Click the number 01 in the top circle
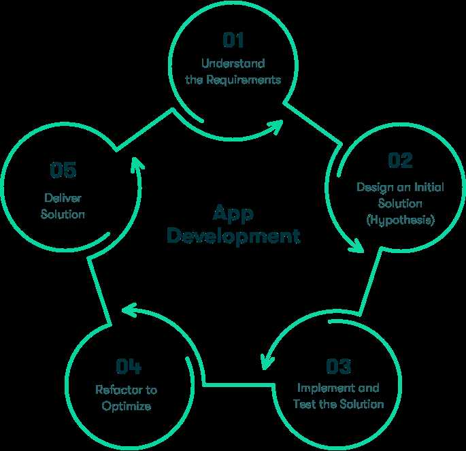[x=233, y=40]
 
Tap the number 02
[x=400, y=161]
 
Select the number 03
[x=339, y=366]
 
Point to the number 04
[x=129, y=366]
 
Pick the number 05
[x=63, y=170]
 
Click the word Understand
[x=233, y=63]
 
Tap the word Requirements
[x=244, y=80]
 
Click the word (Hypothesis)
[x=400, y=220]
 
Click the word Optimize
[x=127, y=406]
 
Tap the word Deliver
[x=63, y=198]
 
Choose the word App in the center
[x=233, y=214]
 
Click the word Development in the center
[x=233, y=236]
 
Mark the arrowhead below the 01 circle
[x=276, y=127]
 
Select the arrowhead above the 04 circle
[x=129, y=310]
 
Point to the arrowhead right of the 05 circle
[x=137, y=164]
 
